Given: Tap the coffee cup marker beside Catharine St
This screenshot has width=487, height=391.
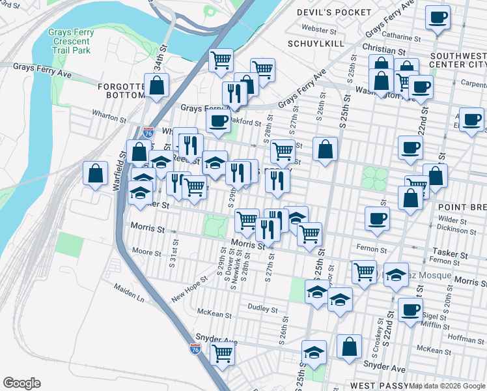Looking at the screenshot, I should pyautogui.click(x=438, y=17).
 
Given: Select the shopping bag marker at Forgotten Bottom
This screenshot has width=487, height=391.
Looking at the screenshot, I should pyautogui.click(x=157, y=85).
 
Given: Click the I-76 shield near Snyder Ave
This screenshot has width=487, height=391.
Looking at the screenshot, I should pyautogui.click(x=195, y=349).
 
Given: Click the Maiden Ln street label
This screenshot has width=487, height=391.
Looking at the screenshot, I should pyautogui.click(x=129, y=291).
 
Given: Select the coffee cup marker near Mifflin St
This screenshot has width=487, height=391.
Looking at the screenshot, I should pyautogui.click(x=410, y=310).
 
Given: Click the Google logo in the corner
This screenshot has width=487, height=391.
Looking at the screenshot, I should pyautogui.click(x=21, y=383).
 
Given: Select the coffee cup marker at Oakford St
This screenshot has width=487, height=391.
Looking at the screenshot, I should pyautogui.click(x=218, y=120).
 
